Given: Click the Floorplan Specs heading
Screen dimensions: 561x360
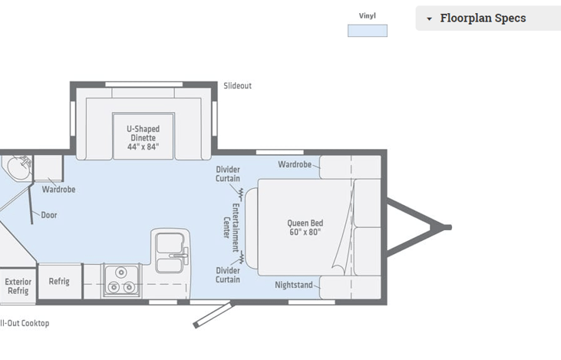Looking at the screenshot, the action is click(x=483, y=18).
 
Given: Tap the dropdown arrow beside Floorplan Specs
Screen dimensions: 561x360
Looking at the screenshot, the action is click(x=429, y=19).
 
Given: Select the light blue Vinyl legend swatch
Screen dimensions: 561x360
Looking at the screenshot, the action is click(x=368, y=31).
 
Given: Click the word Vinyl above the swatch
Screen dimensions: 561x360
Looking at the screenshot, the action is click(x=368, y=16).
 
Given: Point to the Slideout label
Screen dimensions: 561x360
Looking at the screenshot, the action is click(x=238, y=86).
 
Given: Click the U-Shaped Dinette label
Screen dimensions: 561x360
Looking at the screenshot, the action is click(x=143, y=137).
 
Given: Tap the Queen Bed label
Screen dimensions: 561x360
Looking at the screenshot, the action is click(x=305, y=228).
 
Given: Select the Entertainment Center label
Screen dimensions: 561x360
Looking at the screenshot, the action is click(x=231, y=228).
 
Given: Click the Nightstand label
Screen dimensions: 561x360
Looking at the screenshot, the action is click(x=294, y=285).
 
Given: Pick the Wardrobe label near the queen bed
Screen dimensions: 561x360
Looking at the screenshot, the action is click(x=295, y=164).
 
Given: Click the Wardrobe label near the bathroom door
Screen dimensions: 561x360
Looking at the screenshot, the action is click(x=58, y=190).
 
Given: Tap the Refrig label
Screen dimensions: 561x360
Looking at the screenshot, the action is click(x=59, y=281).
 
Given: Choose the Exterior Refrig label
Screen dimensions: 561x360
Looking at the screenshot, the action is click(x=18, y=286).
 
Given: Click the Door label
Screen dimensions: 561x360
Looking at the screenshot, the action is click(x=49, y=215).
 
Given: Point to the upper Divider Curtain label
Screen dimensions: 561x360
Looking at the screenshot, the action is click(x=228, y=174).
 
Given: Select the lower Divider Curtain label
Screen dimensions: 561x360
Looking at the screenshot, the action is click(x=228, y=275).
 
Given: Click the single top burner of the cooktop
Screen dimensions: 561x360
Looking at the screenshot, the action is click(x=121, y=272).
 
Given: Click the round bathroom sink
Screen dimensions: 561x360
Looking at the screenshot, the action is click(x=18, y=167).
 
